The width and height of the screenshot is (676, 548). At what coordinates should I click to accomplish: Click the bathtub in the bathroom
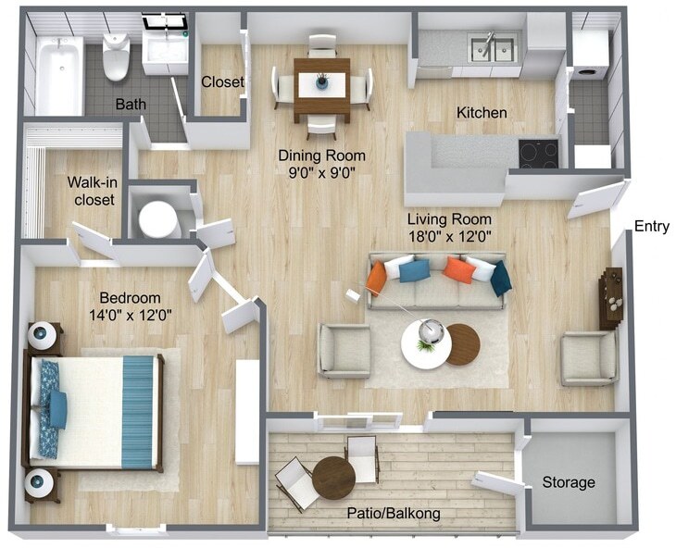coord(58,74)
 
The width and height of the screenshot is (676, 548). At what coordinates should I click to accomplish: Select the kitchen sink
coord(493,48)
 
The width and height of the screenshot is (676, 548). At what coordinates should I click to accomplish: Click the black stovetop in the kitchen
coord(538,153)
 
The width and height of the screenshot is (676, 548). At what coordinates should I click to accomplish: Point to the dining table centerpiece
coord(322,82)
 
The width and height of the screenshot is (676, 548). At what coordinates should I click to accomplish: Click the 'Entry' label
coord(651,226)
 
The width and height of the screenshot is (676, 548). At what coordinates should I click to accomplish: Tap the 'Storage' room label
coord(569,482)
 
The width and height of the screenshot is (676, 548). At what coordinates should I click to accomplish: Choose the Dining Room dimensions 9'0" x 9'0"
coord(322,171)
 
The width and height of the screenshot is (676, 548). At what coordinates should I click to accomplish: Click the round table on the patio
coord(333,478)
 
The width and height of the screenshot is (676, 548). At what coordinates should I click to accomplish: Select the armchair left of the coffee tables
coord(344,351)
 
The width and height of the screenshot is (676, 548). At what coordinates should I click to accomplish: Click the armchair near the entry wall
coord(589,357)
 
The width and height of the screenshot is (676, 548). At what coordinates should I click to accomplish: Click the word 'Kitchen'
coord(482,113)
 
